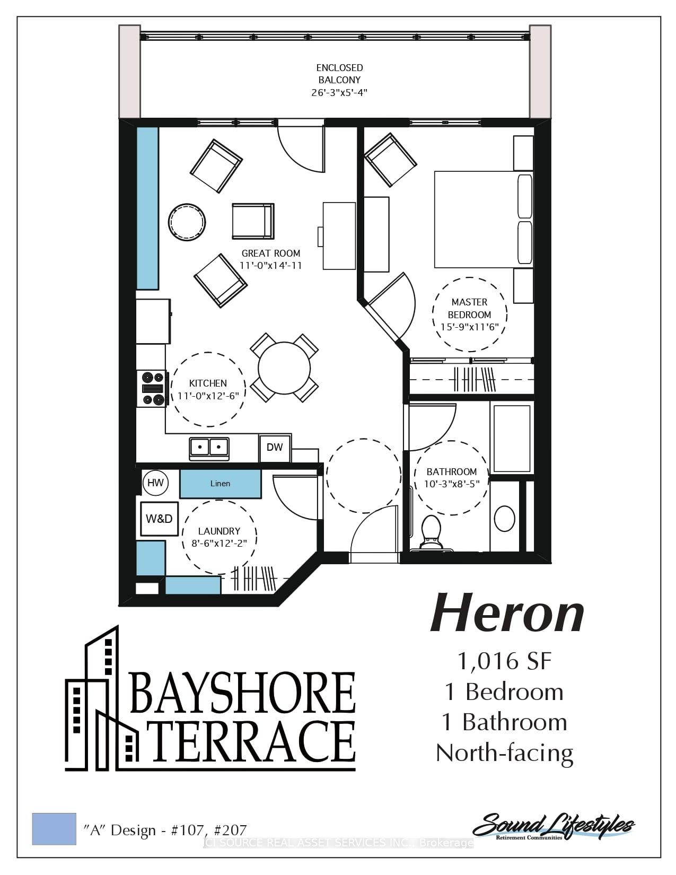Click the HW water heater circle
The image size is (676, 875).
(x=155, y=483)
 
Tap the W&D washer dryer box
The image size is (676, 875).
(x=160, y=519)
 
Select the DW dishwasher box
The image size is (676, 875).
(x=275, y=448)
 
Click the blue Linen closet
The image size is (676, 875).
(x=220, y=483)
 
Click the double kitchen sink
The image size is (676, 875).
(x=209, y=449)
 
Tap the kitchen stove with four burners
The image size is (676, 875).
(x=152, y=389)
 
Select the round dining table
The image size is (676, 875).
(x=284, y=367)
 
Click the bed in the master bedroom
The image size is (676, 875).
(x=484, y=220)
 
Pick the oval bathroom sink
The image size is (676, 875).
(x=505, y=519)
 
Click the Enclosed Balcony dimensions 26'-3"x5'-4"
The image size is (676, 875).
(x=339, y=93)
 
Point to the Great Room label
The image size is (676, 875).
(x=271, y=253)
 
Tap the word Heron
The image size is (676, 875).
(x=507, y=614)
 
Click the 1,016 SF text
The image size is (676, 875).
(x=505, y=661)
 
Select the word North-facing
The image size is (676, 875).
(x=505, y=754)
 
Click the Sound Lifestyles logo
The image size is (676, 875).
(x=554, y=826)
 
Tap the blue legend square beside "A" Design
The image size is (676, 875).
(x=54, y=829)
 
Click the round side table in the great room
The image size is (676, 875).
(x=187, y=222)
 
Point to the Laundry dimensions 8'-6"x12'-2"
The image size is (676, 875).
(x=219, y=543)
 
